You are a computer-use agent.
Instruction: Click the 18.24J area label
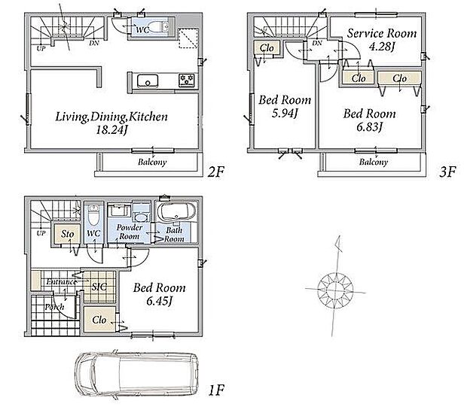tap(111, 130)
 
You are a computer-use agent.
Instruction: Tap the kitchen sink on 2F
tap(148, 81)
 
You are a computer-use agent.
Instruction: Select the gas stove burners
tap(187, 80)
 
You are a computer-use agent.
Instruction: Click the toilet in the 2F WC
tap(157, 26)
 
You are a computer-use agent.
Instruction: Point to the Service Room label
tap(382, 33)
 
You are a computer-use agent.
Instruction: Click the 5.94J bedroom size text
tap(285, 114)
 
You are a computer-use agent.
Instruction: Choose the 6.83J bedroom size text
tap(370, 127)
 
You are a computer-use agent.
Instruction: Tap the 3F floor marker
tap(447, 172)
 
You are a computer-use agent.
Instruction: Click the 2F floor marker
tap(215, 172)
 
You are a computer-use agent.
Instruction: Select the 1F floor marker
tap(216, 390)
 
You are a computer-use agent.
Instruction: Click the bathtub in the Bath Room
tap(176, 212)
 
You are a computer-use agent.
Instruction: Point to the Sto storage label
tap(67, 234)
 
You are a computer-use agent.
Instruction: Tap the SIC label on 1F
tap(99, 287)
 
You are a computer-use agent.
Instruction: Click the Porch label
tap(54, 306)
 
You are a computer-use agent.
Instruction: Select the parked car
tap(136, 374)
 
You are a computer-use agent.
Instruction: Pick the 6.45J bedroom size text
tap(160, 301)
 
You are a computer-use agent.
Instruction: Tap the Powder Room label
tap(130, 232)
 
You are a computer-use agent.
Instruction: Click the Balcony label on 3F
tap(374, 162)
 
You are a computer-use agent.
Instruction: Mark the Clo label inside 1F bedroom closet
tap(99, 320)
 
